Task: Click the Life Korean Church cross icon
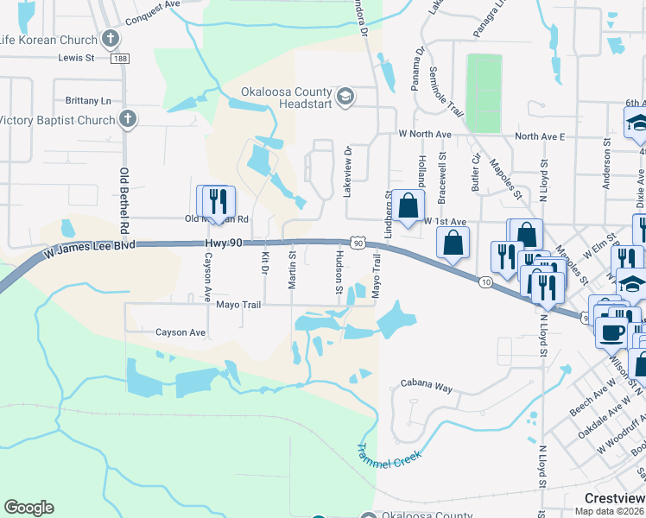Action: (x=110, y=38)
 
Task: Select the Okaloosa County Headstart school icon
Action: (x=345, y=95)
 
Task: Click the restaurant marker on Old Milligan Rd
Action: (x=213, y=202)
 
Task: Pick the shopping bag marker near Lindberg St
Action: (x=409, y=205)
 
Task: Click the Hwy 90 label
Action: (x=225, y=245)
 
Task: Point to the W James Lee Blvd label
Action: (x=90, y=250)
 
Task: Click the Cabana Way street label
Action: (x=427, y=387)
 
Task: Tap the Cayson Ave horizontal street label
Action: (x=180, y=332)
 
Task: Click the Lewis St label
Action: (x=76, y=58)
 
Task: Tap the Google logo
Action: (x=28, y=508)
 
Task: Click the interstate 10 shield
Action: (x=485, y=282)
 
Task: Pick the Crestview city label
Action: (x=614, y=498)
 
